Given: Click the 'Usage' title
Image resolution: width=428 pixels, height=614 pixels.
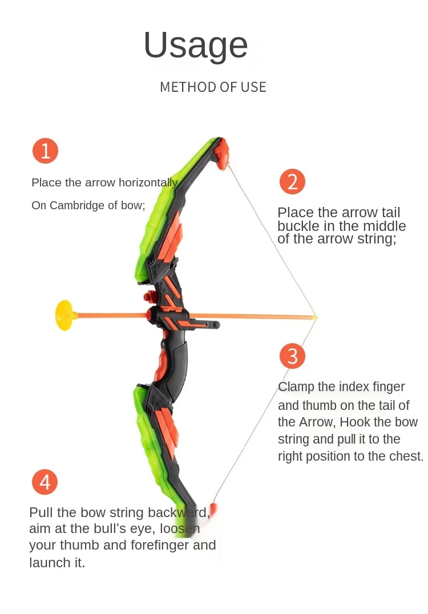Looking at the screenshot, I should pyautogui.click(x=196, y=45).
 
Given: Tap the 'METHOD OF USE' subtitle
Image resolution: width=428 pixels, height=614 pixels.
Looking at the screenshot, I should pyautogui.click(x=213, y=87).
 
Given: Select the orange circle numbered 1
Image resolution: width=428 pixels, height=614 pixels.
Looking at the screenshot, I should pyautogui.click(x=45, y=151).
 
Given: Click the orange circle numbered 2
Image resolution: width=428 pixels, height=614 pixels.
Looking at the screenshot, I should pyautogui.click(x=292, y=182).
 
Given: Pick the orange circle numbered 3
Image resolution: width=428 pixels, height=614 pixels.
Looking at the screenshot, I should pyautogui.click(x=292, y=356).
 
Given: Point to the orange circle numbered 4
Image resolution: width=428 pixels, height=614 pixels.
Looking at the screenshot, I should pyautogui.click(x=45, y=482).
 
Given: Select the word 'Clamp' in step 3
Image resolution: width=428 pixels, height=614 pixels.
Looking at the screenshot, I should pyautogui.click(x=296, y=387).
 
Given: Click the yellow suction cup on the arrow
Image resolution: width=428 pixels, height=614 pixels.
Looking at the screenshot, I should pyautogui.click(x=66, y=315).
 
